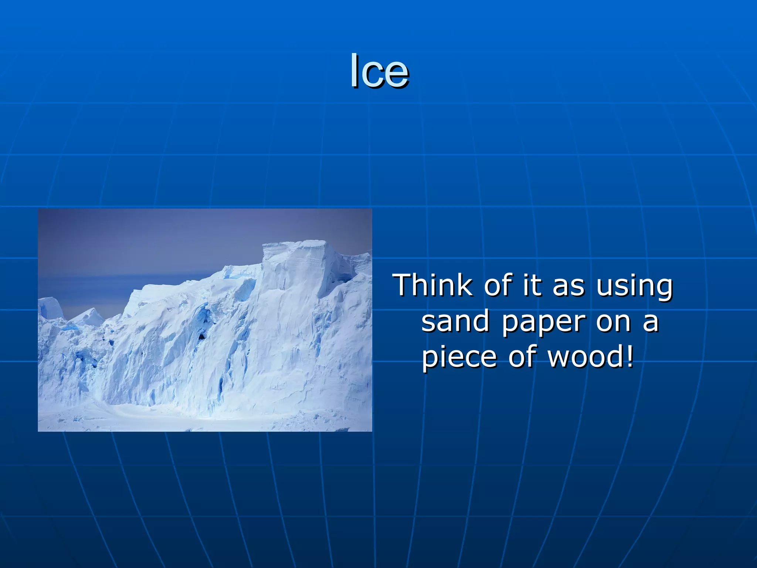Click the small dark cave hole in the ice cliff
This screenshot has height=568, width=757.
click(201, 336)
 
